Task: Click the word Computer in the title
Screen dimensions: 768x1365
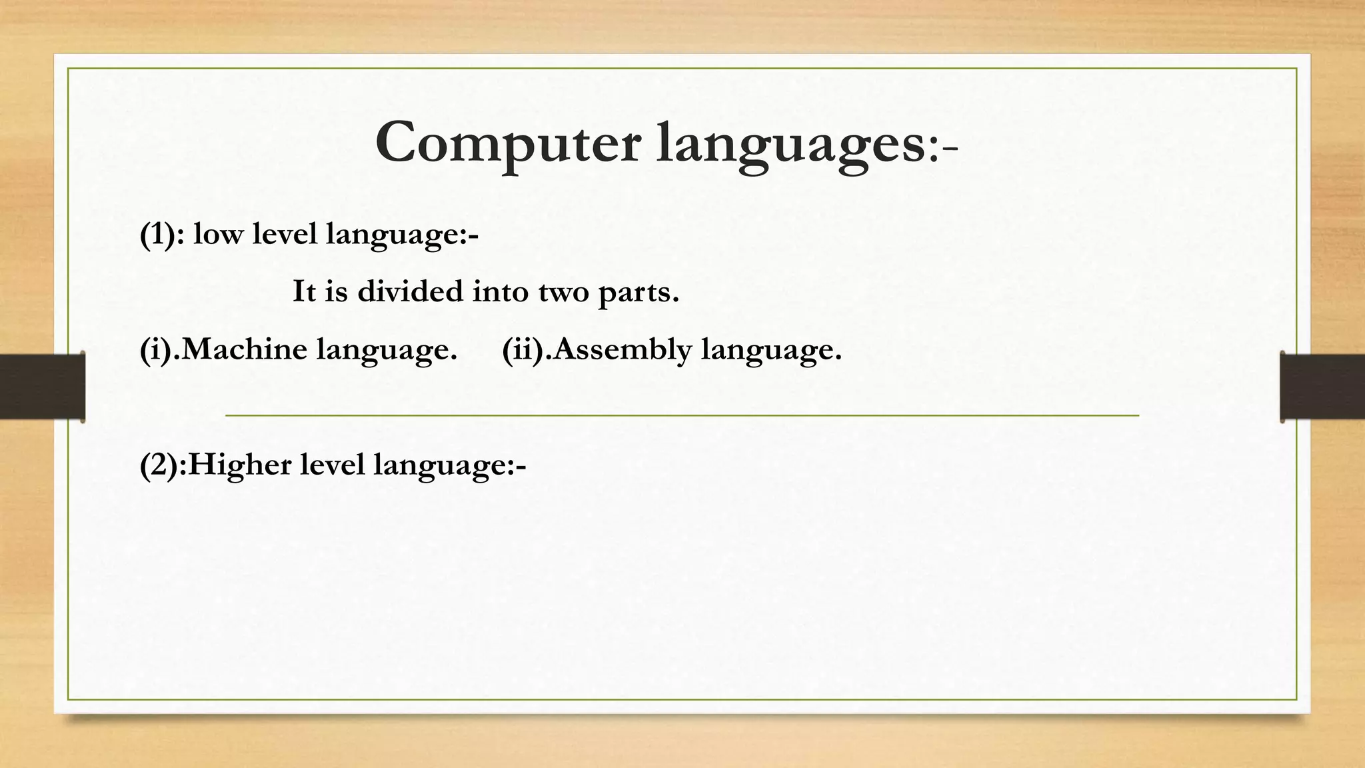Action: pyautogui.click(x=508, y=143)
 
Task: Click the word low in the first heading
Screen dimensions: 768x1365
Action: pyautogui.click(x=217, y=234)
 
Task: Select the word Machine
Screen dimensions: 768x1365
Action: pyautogui.click(x=244, y=349)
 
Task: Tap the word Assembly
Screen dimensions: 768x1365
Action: pyautogui.click(x=623, y=350)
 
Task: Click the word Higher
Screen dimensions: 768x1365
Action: pyautogui.click(x=239, y=465)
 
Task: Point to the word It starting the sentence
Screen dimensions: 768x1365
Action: pyautogui.click(x=304, y=292)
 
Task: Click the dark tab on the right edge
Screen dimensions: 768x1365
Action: pyautogui.click(x=1322, y=386)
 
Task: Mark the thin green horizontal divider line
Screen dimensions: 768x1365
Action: pyautogui.click(x=682, y=415)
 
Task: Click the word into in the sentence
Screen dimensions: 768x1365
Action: pyautogui.click(x=500, y=292)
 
